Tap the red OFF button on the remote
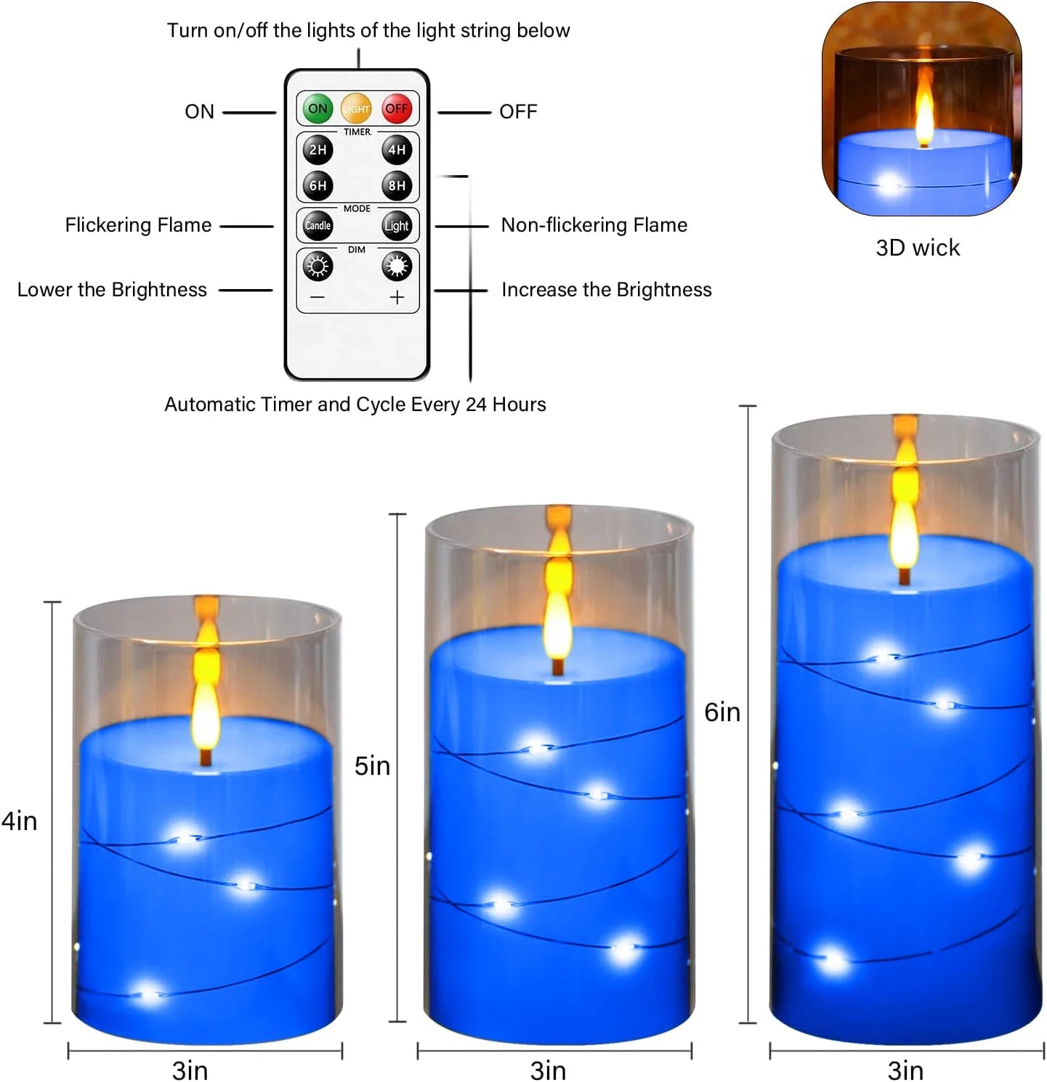point(397,109)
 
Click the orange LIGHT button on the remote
point(356,109)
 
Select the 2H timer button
point(318,150)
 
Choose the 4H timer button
point(397,150)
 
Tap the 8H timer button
point(397,185)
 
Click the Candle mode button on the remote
point(318,226)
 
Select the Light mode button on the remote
point(397,226)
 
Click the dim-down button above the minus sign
point(318,267)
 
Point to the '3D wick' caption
point(917,248)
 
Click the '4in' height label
point(20,821)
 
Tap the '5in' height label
point(372,765)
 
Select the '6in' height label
point(722,712)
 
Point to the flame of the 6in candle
point(905,523)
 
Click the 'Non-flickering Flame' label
point(594,225)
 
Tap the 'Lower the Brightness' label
point(112,290)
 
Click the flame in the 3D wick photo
point(923,113)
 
